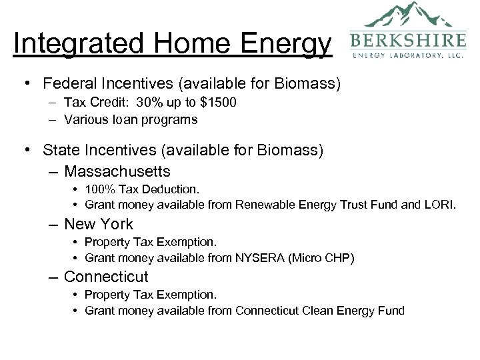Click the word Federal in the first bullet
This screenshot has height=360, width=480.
click(69, 84)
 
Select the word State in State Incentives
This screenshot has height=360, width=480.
click(59, 151)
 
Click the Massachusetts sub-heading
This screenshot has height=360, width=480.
click(117, 171)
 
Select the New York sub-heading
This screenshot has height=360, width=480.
click(99, 224)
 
